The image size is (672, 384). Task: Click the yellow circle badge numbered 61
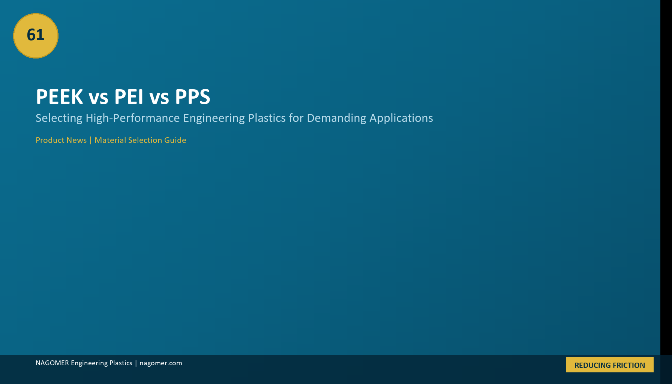point(36,36)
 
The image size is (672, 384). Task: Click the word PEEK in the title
point(59,97)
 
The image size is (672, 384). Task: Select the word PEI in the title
point(129,97)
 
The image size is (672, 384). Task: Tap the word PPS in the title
point(193,97)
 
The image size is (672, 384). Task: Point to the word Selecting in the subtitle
point(59,118)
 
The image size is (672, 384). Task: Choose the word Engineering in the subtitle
point(214,118)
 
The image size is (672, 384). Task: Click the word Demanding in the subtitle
point(336,118)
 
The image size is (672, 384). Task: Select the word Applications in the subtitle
point(401,118)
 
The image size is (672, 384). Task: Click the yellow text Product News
point(61,140)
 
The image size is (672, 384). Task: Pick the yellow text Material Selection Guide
point(140,140)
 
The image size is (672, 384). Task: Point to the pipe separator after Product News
point(90,140)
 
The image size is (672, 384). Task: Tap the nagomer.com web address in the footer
point(161,363)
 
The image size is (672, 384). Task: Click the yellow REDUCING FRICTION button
point(610,365)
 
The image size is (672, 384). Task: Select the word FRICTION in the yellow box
point(629,365)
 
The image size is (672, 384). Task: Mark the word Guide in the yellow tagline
point(175,140)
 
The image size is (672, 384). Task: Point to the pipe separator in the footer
point(136,363)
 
